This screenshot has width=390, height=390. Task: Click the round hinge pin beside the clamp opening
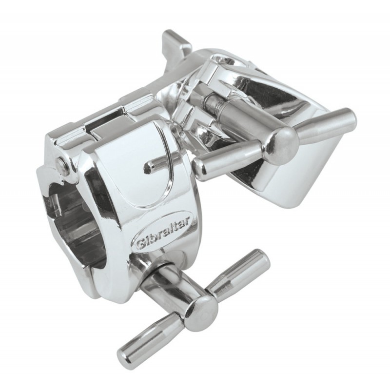click(x=60, y=165)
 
